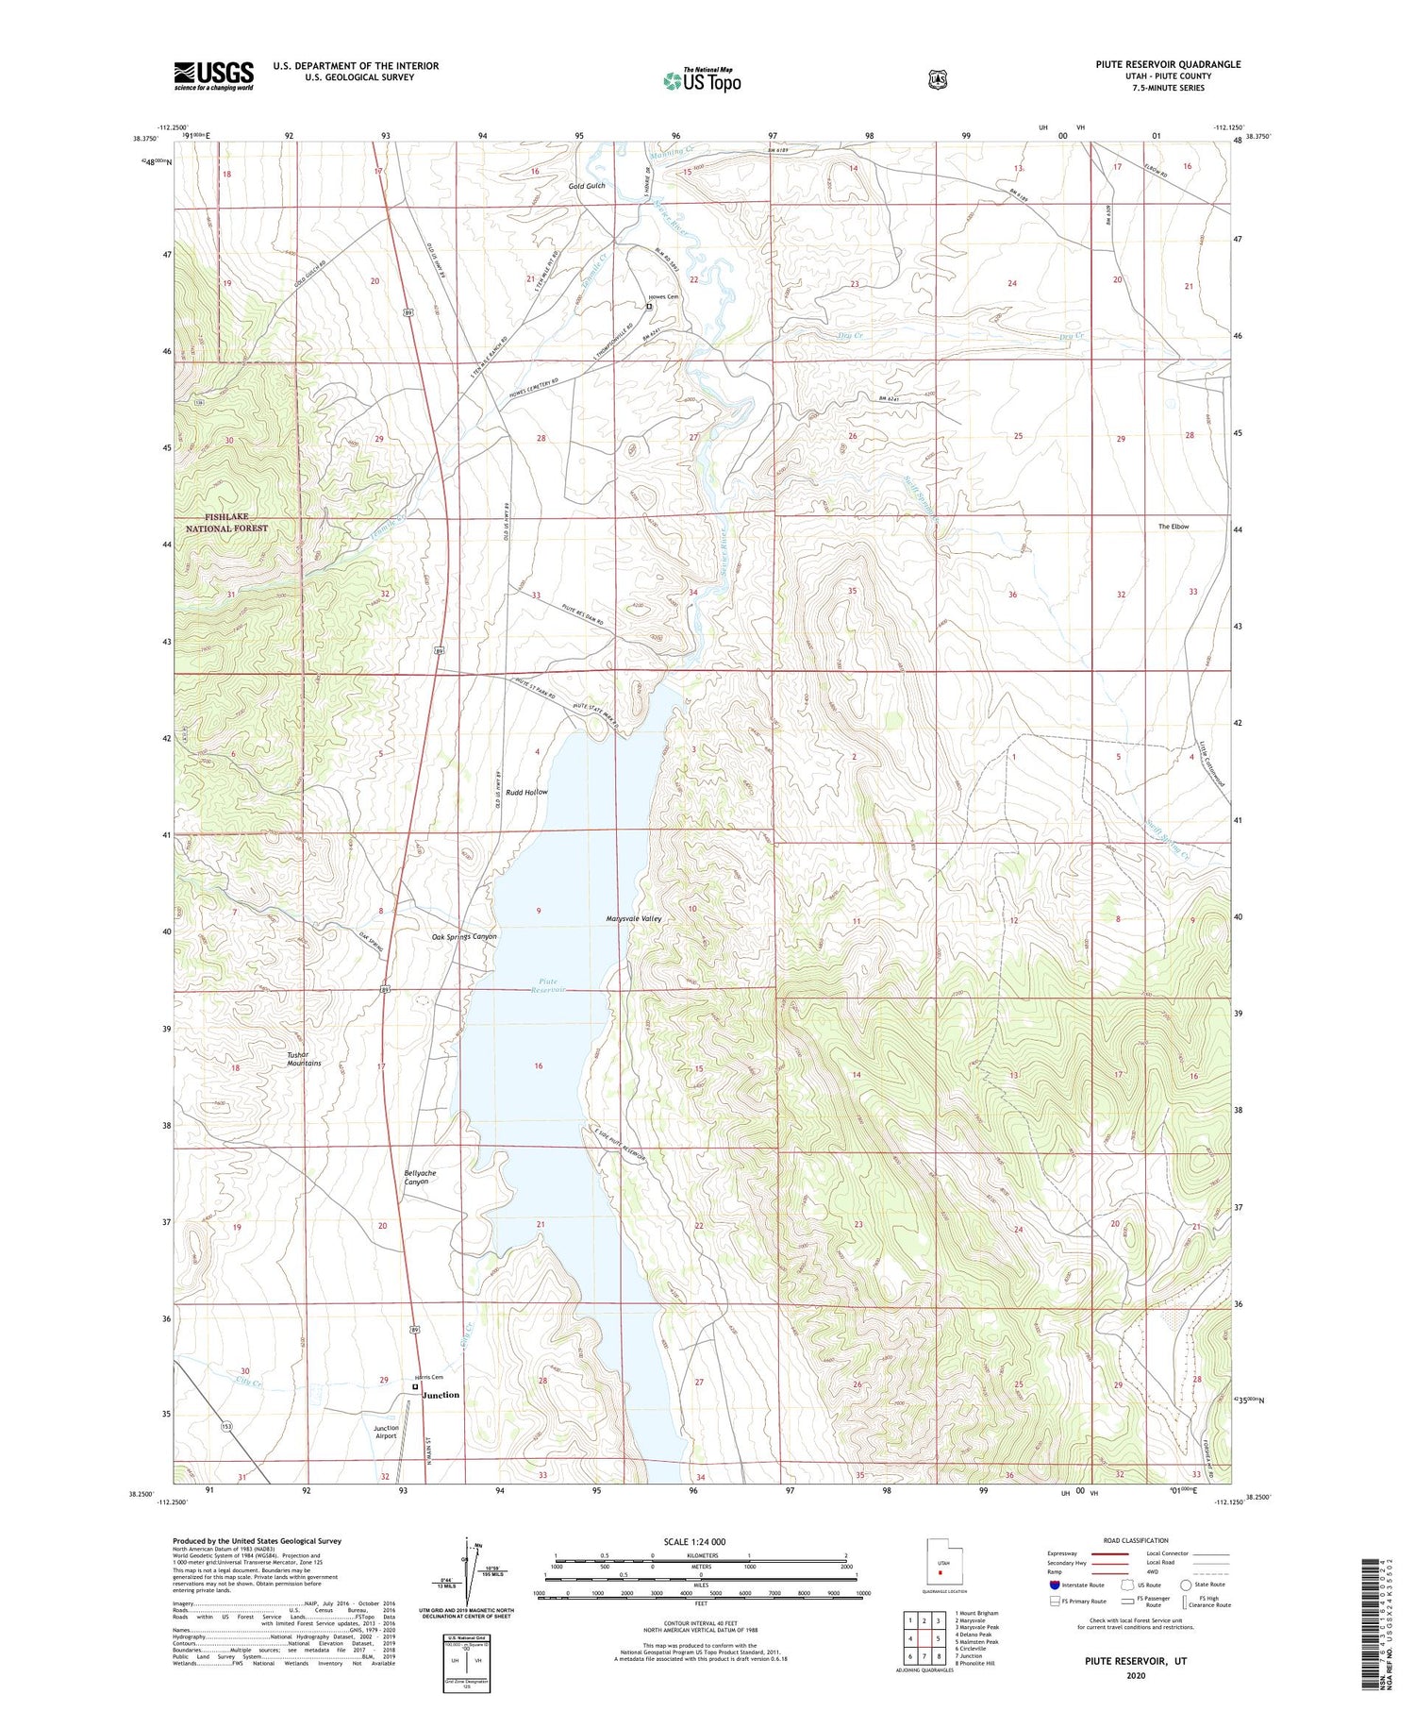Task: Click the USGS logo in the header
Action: (213, 75)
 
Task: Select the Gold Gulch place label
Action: (586, 186)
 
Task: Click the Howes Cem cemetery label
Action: (662, 297)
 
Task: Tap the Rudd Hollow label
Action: (526, 792)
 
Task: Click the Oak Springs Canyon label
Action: (464, 937)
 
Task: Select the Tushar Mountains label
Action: (304, 1059)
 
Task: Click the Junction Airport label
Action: (385, 1432)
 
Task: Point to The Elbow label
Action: (1174, 527)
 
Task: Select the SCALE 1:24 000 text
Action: (701, 1542)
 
